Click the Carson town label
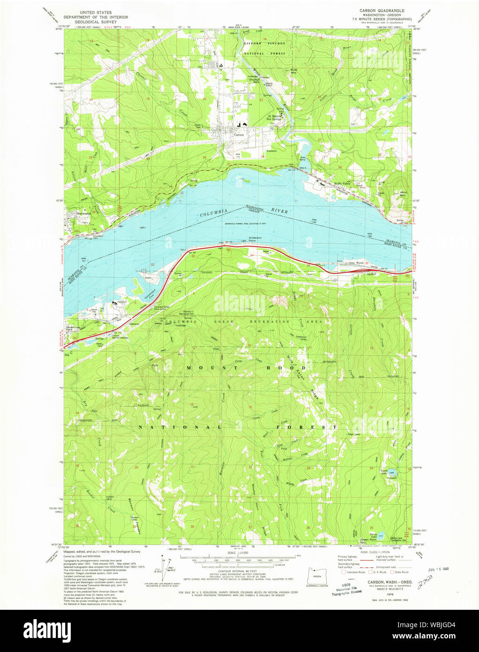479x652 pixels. [x=239, y=135]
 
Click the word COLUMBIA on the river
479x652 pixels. [x=214, y=212]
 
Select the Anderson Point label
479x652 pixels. [x=255, y=239]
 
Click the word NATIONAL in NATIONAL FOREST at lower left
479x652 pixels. [x=180, y=427]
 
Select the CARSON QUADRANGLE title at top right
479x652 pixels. [x=382, y=10]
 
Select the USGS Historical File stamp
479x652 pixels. [x=346, y=589]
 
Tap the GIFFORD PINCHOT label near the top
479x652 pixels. [x=264, y=43]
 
